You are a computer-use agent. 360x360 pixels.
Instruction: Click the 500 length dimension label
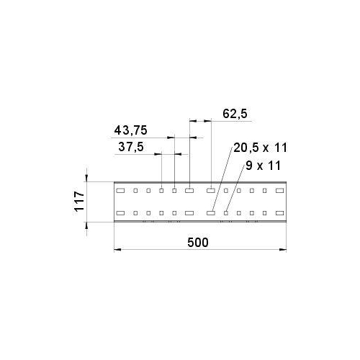[x=198, y=243]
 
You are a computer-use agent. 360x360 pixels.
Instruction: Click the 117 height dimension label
[x=79, y=201]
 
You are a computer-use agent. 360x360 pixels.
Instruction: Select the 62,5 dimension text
[x=235, y=114]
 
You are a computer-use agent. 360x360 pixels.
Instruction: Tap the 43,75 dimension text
[x=130, y=130]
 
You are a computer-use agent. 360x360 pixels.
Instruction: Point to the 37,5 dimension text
[x=131, y=147]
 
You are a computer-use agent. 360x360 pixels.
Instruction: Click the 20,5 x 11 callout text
[x=260, y=148]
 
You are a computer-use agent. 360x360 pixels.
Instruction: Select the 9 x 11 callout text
[x=263, y=166]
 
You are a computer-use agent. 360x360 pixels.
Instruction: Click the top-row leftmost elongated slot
[x=120, y=191]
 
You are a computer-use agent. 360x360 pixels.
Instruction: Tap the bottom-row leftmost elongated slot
[x=120, y=213]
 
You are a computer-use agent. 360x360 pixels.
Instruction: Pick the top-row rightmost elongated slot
[x=279, y=191]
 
